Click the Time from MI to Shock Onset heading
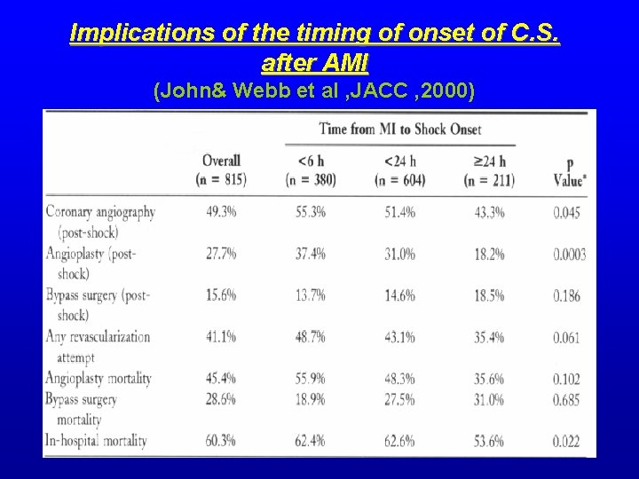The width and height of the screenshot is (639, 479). (400, 129)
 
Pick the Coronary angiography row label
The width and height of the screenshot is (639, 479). (100, 212)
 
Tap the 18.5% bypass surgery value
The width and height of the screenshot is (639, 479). (488, 296)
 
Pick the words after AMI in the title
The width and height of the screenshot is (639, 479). (316, 63)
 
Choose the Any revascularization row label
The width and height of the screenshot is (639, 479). (98, 338)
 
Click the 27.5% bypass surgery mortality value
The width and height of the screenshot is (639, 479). (398, 400)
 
